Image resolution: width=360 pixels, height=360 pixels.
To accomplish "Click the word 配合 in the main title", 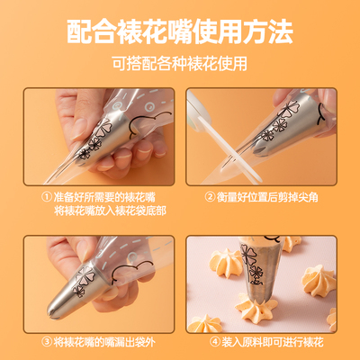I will (x=93, y=32).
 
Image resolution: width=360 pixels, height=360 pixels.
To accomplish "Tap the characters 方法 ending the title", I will (x=268, y=32).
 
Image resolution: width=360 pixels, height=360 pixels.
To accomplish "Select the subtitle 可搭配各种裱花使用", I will (x=180, y=65).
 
